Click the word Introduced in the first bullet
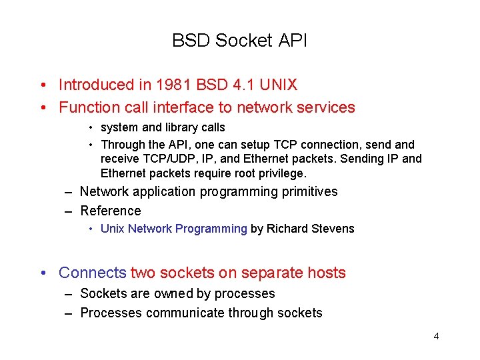click(x=96, y=85)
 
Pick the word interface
click(x=183, y=107)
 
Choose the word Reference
click(x=111, y=211)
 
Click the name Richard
click(x=287, y=229)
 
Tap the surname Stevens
click(x=333, y=229)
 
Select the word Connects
click(x=92, y=273)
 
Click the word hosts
click(x=327, y=273)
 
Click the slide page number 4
click(x=436, y=336)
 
